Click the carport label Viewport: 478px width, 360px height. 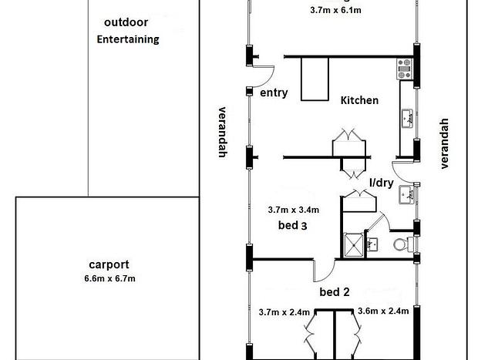(x=109, y=264)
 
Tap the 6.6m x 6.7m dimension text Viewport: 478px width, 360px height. (x=109, y=278)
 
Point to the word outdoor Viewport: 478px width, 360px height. (x=126, y=22)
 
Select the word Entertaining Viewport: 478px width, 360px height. (x=128, y=39)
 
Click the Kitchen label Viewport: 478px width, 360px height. (x=359, y=100)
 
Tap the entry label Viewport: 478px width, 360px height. (x=274, y=93)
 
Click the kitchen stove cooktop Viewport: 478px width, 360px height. (x=405, y=69)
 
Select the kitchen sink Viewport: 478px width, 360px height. (x=407, y=118)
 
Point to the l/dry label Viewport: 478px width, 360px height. (x=382, y=183)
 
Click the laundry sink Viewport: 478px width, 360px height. (x=406, y=195)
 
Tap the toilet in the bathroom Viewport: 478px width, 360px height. (x=403, y=244)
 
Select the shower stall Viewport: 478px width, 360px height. (x=354, y=245)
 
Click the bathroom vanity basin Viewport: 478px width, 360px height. (x=372, y=244)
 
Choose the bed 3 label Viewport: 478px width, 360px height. (x=293, y=226)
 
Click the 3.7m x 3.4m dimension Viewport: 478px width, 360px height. (x=294, y=210)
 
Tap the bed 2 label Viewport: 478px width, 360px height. (x=335, y=292)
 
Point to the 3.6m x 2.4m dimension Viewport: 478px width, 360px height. (x=383, y=311)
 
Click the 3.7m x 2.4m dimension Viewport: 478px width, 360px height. (x=284, y=312)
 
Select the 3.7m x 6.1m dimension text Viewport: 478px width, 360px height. (x=335, y=10)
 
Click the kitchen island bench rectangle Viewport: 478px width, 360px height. (x=315, y=79)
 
